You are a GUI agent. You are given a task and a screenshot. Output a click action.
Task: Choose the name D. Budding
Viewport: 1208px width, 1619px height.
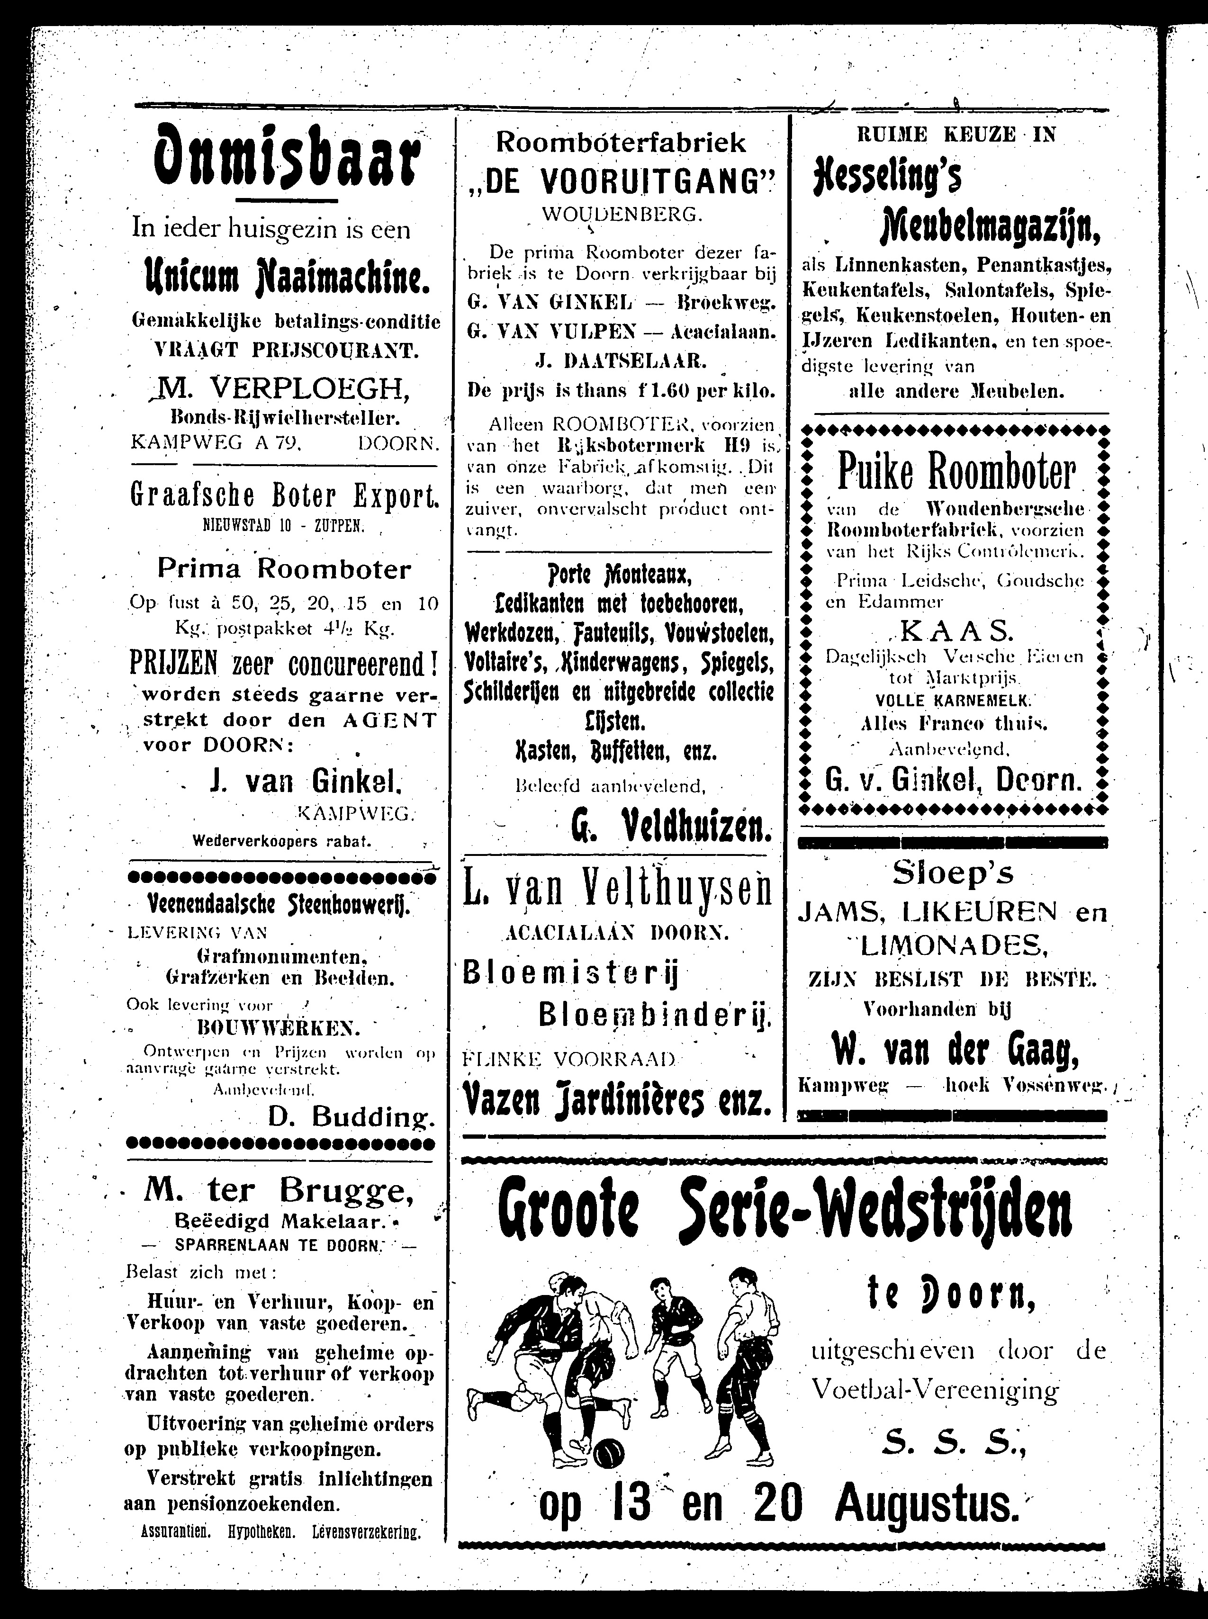(351, 1116)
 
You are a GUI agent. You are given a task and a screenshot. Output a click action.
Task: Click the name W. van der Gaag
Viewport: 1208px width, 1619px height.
(955, 1053)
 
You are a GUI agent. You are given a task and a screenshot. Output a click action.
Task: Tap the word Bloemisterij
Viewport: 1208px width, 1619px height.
(572, 975)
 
